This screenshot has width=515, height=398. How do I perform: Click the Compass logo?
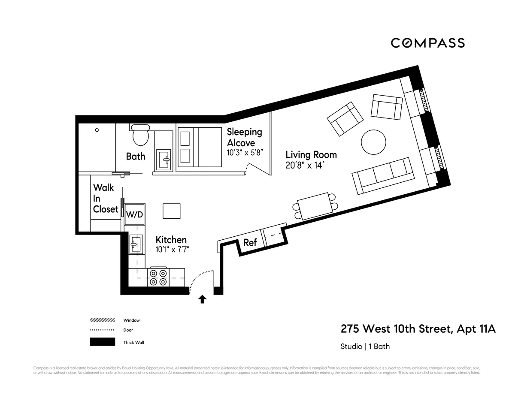[x=427, y=43]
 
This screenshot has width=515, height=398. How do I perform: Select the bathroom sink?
[x=164, y=158]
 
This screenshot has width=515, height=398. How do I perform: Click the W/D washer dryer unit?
[x=134, y=214]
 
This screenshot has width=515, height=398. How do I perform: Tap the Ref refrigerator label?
[x=250, y=242]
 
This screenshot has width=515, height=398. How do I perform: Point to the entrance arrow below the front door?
[x=202, y=299]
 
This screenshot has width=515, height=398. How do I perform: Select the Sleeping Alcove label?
[x=244, y=137]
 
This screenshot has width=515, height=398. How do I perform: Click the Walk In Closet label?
[x=105, y=198]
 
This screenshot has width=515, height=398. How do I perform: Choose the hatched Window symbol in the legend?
[x=102, y=320]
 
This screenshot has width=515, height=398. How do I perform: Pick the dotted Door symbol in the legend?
[x=102, y=330]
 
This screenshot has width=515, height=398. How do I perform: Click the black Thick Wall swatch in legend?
[x=102, y=342]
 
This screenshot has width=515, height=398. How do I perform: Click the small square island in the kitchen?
[x=172, y=211]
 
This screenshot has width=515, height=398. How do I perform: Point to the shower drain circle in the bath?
[x=97, y=130]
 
